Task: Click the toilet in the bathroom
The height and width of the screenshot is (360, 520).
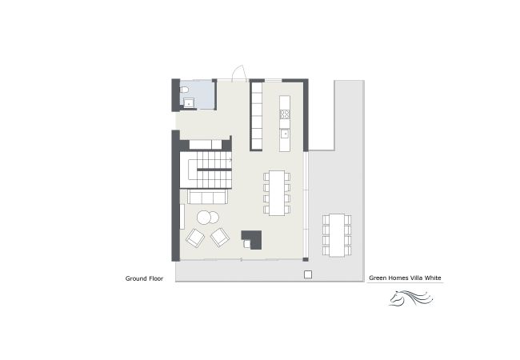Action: tap(184, 90)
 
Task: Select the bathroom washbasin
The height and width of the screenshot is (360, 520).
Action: tap(189, 102)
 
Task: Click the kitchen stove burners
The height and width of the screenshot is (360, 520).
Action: tap(285, 114)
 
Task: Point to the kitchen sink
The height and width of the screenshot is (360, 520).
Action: tap(285, 134)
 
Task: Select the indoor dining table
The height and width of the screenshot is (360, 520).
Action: tap(277, 193)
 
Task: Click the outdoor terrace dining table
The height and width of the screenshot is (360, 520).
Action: tap(337, 235)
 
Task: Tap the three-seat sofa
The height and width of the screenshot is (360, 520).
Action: tap(208, 197)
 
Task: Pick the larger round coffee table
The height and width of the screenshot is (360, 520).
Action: tap(204, 218)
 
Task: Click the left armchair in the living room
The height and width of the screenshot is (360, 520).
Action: tap(195, 238)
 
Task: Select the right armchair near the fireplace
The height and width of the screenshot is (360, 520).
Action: tap(220, 238)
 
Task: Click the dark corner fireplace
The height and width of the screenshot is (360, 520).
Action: tap(252, 239)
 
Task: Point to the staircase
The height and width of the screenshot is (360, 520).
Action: tap(206, 170)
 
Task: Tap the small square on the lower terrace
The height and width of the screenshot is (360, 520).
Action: tap(308, 274)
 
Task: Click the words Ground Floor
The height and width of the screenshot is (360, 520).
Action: tap(144, 278)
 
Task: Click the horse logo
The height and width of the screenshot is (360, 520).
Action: tap(411, 298)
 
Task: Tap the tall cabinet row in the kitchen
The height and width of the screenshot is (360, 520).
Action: tap(257, 116)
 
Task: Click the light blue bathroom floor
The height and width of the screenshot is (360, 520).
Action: tap(198, 94)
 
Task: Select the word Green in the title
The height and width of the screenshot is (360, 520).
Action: tap(378, 278)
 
